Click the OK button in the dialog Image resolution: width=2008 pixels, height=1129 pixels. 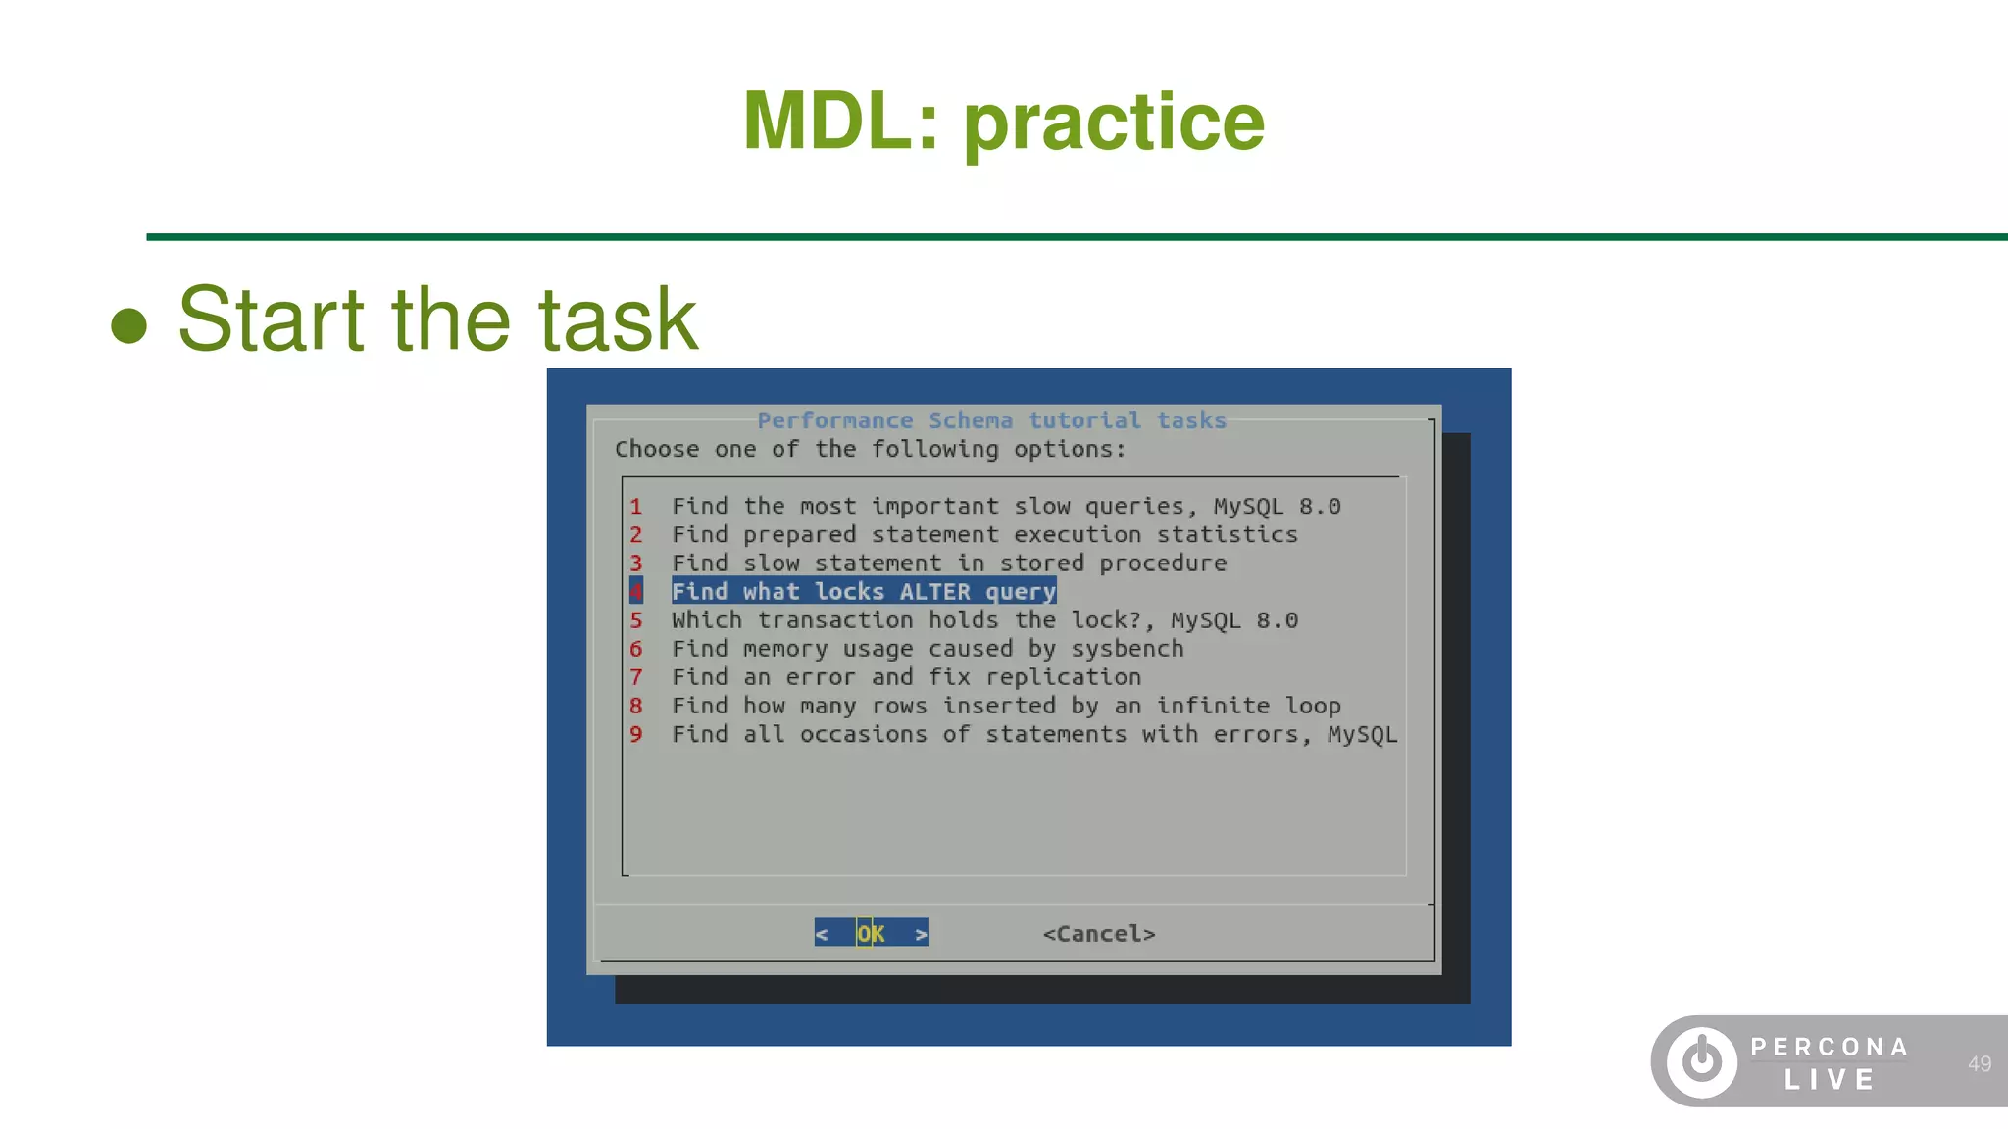tap(871, 933)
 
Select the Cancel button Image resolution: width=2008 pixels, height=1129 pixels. tap(1099, 934)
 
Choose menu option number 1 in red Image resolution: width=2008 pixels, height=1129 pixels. tap(636, 507)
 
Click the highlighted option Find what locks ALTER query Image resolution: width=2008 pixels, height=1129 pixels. tap(863, 591)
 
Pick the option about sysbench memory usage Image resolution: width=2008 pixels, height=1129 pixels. tap(927, 649)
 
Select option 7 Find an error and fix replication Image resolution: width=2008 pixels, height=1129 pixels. tap(905, 677)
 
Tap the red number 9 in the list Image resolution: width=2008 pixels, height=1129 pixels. tap(636, 734)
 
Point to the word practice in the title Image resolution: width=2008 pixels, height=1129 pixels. tap(1114, 123)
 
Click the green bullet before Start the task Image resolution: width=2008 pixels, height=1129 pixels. tap(128, 325)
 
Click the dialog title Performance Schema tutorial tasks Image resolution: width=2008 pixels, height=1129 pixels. tap(991, 420)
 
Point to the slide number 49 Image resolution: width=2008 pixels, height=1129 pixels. tap(1979, 1063)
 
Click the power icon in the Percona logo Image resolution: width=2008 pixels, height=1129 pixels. tap(1701, 1061)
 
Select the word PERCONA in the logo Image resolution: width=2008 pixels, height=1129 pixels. tap(1830, 1047)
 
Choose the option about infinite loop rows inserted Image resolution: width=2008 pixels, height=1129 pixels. tap(1005, 706)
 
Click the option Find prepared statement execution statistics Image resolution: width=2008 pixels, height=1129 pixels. tap(983, 535)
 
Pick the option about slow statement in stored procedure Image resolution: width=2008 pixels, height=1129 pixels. tap(948, 564)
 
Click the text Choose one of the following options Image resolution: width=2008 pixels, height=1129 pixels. tap(870, 449)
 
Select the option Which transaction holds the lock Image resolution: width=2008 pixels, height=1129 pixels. tap(983, 620)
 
